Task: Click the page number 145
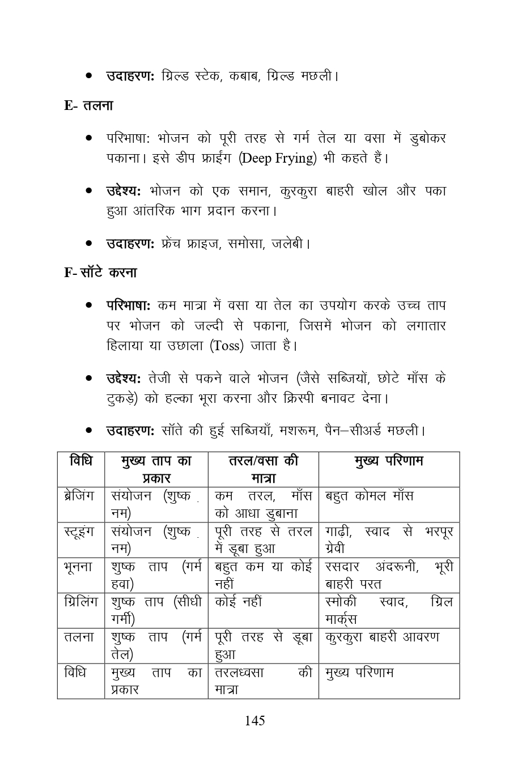coord(254,721)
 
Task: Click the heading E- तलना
coord(89,105)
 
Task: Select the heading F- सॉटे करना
coord(100,273)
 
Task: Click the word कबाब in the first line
coord(244,75)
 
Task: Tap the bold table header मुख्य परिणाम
coord(389,461)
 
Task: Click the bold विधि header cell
coord(80,461)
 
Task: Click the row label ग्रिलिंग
coord(80,602)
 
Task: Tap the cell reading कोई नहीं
coord(239,602)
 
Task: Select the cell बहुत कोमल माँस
coord(369,496)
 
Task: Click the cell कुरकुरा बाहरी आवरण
coord(382,637)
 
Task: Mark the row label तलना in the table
coord(79,637)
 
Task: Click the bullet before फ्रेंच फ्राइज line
coord(89,244)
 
